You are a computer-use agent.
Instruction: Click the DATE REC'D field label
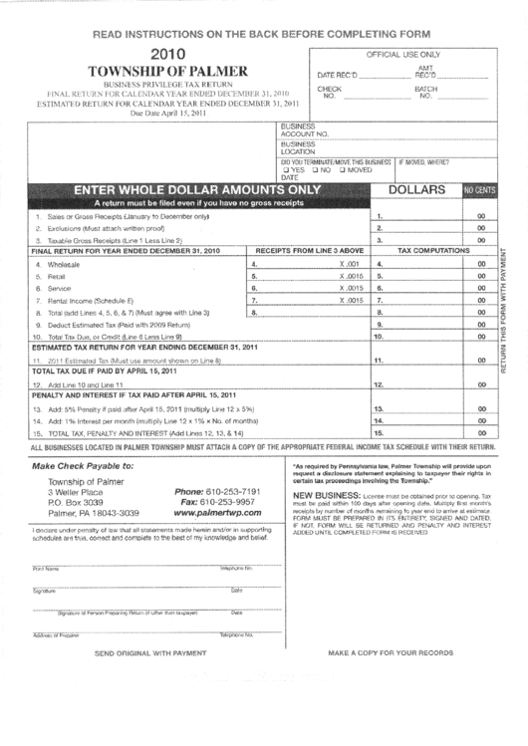tap(336, 76)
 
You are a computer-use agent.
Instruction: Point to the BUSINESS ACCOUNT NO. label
tap(299, 129)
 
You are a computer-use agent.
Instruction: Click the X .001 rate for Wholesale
tap(349, 264)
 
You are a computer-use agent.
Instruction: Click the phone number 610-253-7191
tap(217, 492)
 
